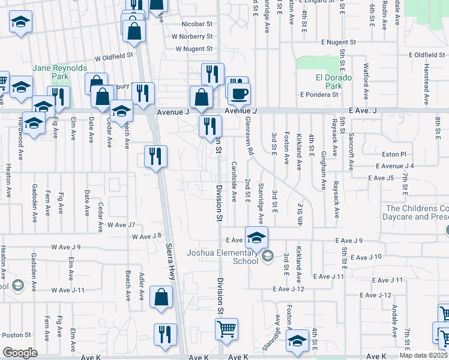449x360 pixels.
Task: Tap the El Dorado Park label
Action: (329, 82)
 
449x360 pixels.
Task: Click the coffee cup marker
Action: (240, 94)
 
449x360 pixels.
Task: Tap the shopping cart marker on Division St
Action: (226, 329)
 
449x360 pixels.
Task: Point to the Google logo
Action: (20, 353)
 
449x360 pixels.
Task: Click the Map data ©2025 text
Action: (424, 355)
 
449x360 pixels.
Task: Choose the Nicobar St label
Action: (197, 25)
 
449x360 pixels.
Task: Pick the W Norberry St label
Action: (192, 36)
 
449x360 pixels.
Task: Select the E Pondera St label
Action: (319, 95)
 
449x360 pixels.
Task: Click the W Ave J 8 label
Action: (148, 236)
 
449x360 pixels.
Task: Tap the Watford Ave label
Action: (366, 74)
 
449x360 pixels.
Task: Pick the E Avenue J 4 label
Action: (395, 166)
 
